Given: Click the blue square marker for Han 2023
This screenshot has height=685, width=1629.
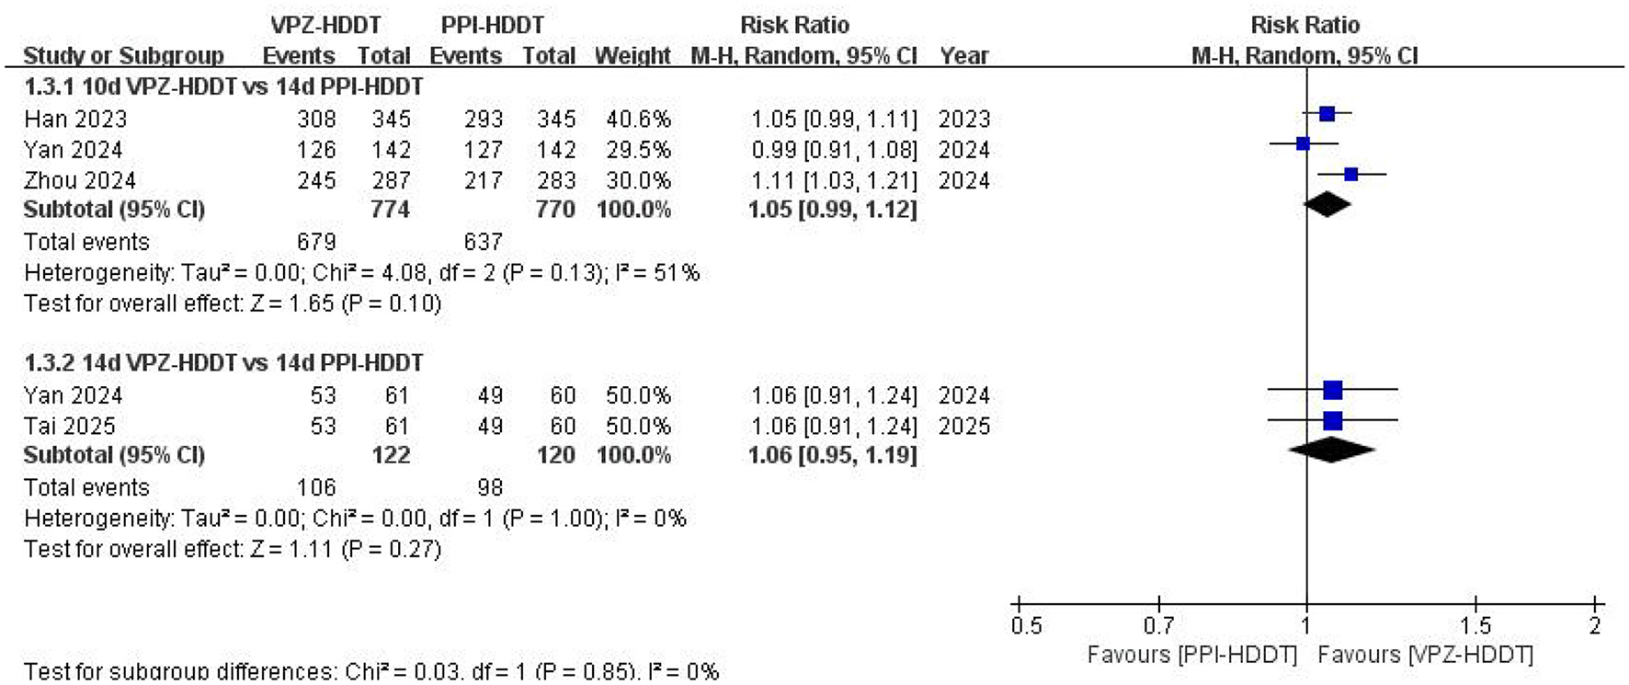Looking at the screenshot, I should pyautogui.click(x=1327, y=114).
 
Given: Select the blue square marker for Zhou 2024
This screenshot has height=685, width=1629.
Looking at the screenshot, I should pyautogui.click(x=1350, y=174).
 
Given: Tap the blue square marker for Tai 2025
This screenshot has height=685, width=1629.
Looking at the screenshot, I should pyautogui.click(x=1332, y=421).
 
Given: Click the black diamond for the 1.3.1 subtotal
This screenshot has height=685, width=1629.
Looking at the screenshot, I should pyautogui.click(x=1327, y=204).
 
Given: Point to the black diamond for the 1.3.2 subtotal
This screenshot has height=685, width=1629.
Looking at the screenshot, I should pyautogui.click(x=1332, y=450).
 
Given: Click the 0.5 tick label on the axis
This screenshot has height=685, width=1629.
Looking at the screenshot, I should pyautogui.click(x=1026, y=626).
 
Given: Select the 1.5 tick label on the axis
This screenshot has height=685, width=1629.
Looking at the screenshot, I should pyautogui.click(x=1476, y=626).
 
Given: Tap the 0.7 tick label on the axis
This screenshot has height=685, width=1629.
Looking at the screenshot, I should pyautogui.click(x=1158, y=626).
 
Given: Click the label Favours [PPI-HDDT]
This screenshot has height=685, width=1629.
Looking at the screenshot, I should pyautogui.click(x=1191, y=655).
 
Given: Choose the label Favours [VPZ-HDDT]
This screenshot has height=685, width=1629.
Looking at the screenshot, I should pyautogui.click(x=1425, y=655).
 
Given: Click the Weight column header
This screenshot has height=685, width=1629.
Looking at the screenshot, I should pyautogui.click(x=632, y=56).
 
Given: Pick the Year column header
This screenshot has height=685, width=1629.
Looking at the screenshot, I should pyautogui.click(x=963, y=56).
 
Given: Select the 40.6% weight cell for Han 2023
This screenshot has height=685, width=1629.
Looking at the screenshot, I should pyautogui.click(x=638, y=120).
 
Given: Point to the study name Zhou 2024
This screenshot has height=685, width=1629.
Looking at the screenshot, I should pyautogui.click(x=80, y=180).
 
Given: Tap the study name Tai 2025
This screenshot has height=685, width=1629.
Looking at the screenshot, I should pyautogui.click(x=70, y=427).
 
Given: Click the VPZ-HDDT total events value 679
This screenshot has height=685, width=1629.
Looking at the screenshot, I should pyautogui.click(x=316, y=242).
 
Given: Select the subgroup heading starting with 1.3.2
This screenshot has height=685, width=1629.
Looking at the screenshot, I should pyautogui.click(x=223, y=363).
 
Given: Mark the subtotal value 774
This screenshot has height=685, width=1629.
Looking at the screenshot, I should pyautogui.click(x=390, y=210).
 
